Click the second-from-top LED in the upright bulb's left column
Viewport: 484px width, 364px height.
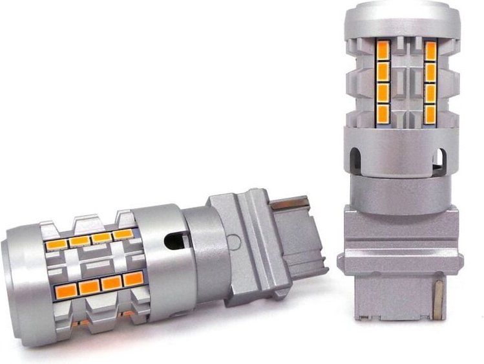tap(383, 70)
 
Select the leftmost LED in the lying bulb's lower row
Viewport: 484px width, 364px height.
tap(65, 289)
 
